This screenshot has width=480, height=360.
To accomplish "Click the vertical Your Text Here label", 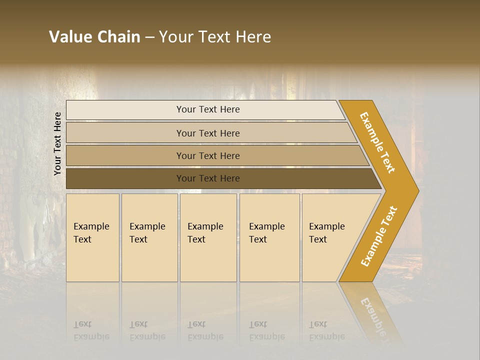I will coord(57,143).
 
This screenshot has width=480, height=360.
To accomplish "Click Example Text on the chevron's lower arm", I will coord(379,236).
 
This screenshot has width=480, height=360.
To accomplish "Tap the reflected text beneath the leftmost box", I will coord(91,330).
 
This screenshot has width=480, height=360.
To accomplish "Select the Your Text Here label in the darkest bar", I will coord(208,178).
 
